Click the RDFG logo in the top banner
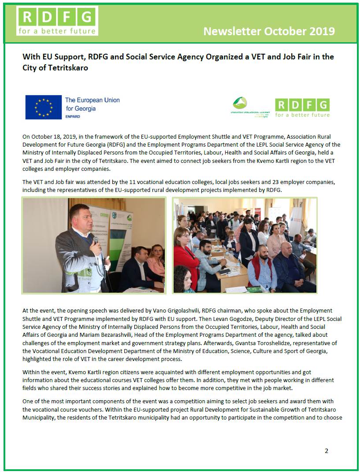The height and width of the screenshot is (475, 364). tap(57, 21)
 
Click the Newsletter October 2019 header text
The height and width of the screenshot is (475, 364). tap(269, 31)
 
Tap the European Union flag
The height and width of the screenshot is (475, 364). tap(43, 107)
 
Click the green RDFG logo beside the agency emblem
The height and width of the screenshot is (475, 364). tap(302, 107)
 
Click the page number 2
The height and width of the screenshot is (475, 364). tap(327, 451)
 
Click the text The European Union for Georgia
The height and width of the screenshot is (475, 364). tap(92, 104)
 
